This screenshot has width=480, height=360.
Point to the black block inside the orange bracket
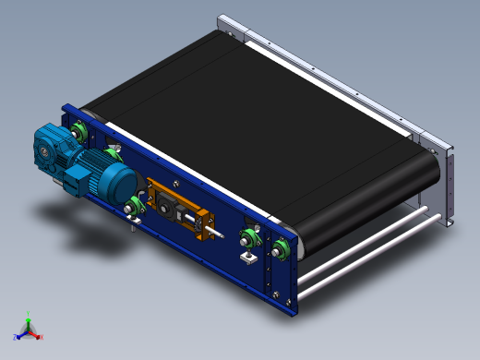click(170, 205)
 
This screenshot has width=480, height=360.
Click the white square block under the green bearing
click(247, 257)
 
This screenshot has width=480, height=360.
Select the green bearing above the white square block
click(247, 235)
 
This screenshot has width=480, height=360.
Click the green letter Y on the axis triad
click(30, 314)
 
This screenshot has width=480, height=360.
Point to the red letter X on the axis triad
click(42, 337)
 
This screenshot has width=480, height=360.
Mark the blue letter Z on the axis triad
click(16, 337)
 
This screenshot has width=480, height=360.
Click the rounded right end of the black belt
click(426, 175)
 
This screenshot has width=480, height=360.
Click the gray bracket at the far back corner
click(231, 26)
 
